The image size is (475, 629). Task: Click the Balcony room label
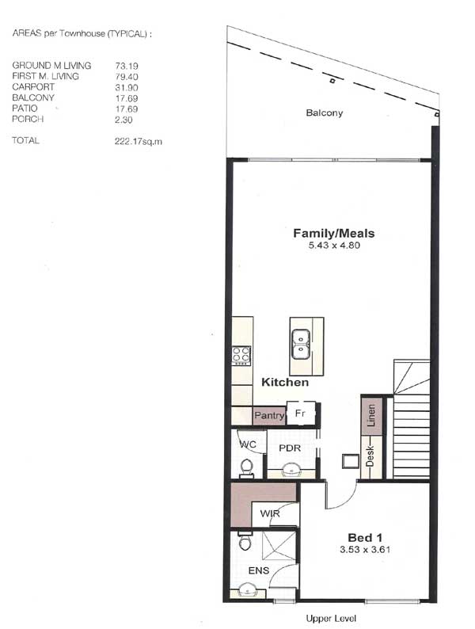(325, 113)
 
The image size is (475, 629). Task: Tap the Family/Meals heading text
(333, 234)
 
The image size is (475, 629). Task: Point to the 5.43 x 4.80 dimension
(333, 246)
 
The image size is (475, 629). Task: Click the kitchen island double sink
(301, 345)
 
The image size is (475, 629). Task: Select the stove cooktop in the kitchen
(241, 355)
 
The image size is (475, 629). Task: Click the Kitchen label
(285, 383)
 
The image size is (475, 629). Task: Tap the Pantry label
(268, 415)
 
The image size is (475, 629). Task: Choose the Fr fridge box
(301, 414)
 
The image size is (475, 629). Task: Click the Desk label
(370, 456)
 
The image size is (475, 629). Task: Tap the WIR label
(269, 513)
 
